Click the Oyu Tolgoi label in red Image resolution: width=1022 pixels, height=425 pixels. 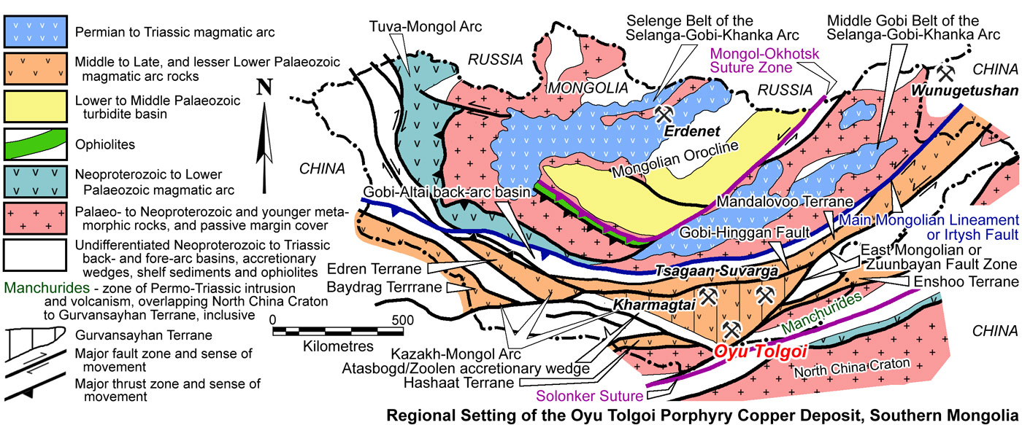pos(760,352)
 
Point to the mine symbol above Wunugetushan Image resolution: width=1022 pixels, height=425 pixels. pos(946,73)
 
